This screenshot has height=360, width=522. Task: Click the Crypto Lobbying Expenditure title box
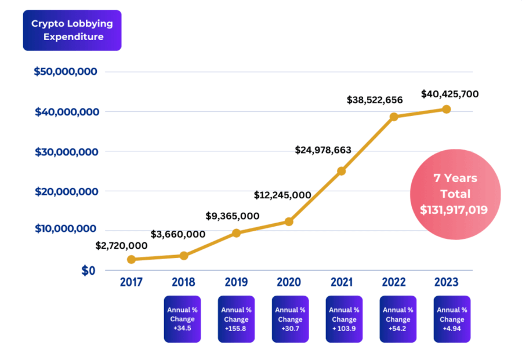(x=72, y=30)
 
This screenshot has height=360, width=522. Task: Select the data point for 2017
(x=132, y=259)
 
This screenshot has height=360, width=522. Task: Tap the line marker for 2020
(x=289, y=221)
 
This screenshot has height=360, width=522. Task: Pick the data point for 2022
(x=394, y=117)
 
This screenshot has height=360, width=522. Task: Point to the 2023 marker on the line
(x=446, y=109)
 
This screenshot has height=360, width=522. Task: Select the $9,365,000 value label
(x=232, y=216)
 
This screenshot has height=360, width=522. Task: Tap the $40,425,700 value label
(x=449, y=93)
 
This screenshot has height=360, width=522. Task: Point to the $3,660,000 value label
(x=178, y=234)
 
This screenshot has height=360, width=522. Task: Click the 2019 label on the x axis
(x=236, y=282)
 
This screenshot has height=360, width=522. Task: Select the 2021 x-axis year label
(x=342, y=282)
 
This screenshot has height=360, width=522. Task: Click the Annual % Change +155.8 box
(x=236, y=319)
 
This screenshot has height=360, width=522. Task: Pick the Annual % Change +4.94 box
(x=452, y=319)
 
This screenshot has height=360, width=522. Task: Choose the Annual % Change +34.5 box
(x=182, y=319)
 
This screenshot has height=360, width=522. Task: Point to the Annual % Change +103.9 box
(x=344, y=319)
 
